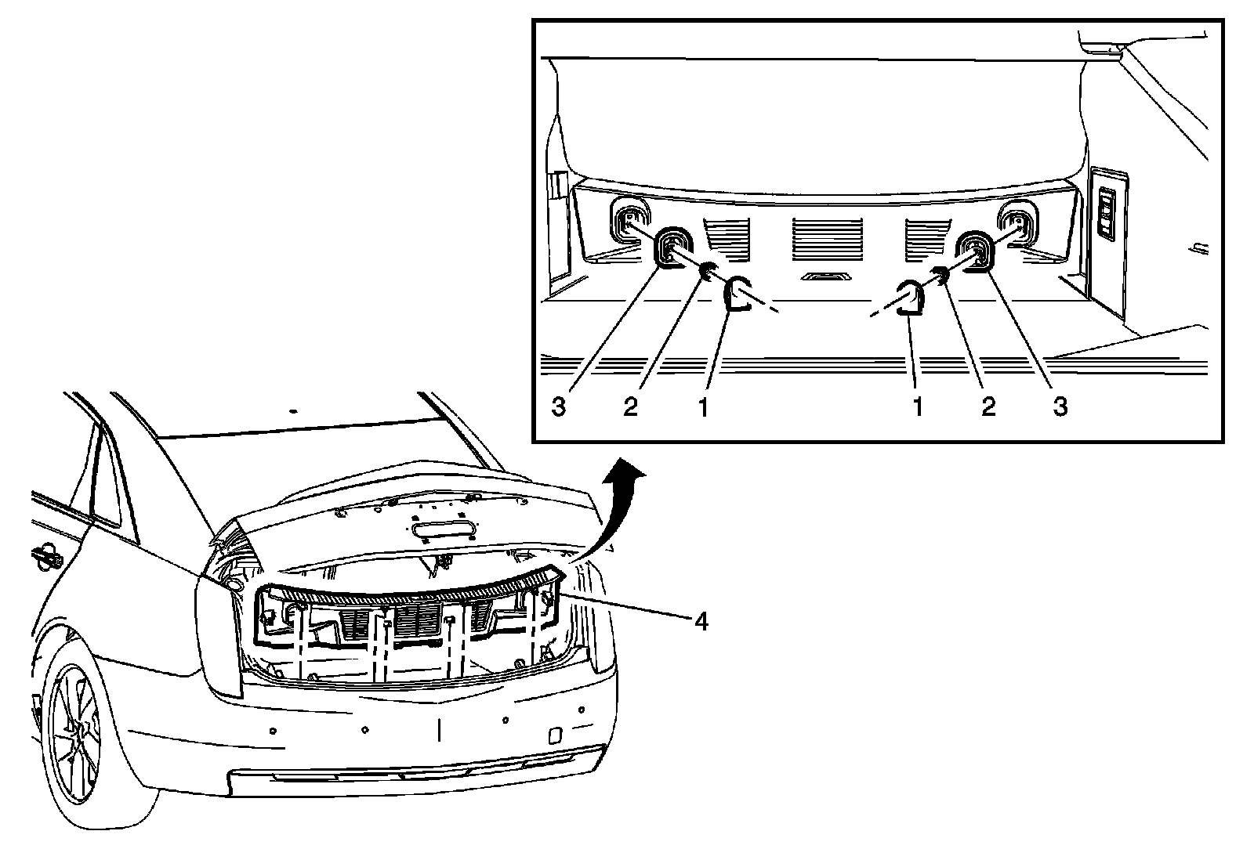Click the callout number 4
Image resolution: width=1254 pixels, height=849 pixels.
[x=701, y=621]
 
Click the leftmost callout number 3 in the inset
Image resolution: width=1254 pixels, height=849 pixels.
[x=558, y=407]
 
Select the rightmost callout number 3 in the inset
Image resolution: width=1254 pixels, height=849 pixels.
[x=1059, y=407]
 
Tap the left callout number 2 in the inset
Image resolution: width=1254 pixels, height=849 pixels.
[x=630, y=407]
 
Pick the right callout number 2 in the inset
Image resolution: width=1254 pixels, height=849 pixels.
[x=988, y=407]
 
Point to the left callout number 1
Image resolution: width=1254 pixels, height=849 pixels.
[x=703, y=407]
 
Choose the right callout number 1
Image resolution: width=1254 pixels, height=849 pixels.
[x=916, y=407]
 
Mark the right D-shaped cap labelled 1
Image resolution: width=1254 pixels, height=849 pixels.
[x=910, y=298]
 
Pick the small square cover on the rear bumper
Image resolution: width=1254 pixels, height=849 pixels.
[x=554, y=735]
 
